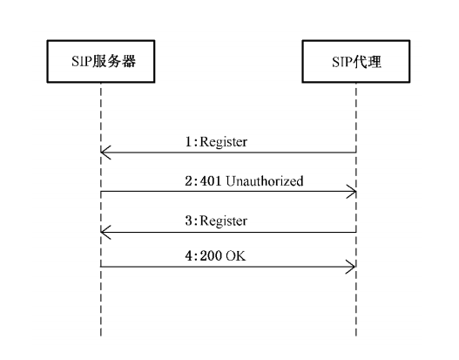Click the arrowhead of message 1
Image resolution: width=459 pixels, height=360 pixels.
[105, 153]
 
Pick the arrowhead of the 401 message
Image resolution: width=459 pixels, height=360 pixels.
[352, 192]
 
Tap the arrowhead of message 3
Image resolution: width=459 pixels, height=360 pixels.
[105, 231]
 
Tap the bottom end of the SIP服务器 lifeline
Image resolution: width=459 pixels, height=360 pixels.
[101, 336]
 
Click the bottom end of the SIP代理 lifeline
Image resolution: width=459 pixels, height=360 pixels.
[356, 336]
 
